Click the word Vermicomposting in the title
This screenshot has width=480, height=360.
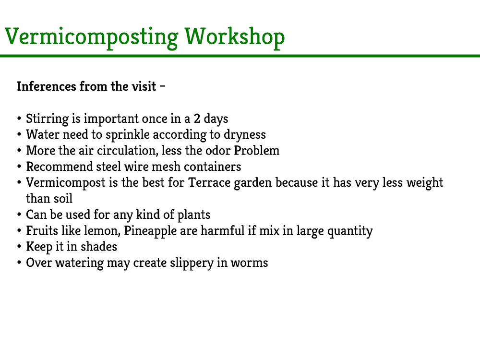92,37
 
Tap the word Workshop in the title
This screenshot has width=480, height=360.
235,37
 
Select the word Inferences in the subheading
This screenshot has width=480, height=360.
46,86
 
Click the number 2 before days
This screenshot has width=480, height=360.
197,119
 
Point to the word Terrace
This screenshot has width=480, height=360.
209,182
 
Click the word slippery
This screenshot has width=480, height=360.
192,263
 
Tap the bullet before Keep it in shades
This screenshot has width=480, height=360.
19,247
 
